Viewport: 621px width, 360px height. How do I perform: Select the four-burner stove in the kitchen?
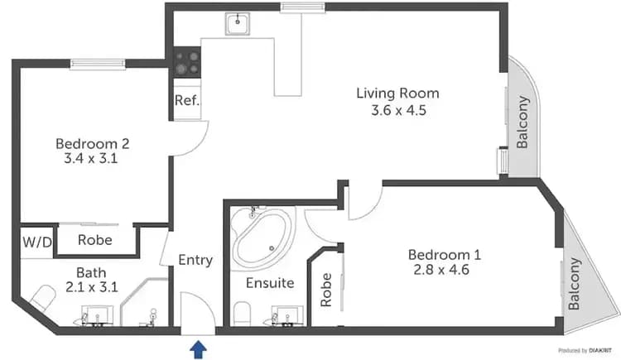187,63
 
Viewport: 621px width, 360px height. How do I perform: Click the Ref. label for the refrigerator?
185,101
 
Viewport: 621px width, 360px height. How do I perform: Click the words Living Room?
397,93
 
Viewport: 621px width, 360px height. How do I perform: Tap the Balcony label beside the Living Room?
522,122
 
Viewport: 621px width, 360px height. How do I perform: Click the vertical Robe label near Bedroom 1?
326,290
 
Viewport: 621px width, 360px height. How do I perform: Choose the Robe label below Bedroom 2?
96,241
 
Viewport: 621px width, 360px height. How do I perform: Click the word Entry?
196,260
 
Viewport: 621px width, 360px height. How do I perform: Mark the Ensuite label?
270,283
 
